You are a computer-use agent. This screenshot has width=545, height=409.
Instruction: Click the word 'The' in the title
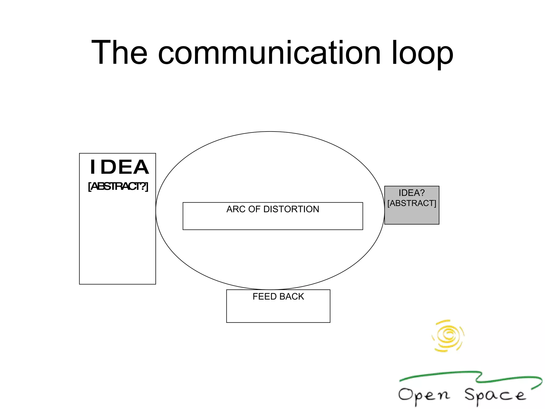pyautogui.click(x=119, y=52)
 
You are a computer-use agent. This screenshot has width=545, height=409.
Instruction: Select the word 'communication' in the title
pyautogui.click(x=269, y=52)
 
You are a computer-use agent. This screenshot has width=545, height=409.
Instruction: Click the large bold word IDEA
pyautogui.click(x=119, y=167)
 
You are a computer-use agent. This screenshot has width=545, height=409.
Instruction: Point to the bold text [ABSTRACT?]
pyautogui.click(x=118, y=186)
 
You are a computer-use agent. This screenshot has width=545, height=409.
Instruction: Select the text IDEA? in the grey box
pyautogui.click(x=411, y=193)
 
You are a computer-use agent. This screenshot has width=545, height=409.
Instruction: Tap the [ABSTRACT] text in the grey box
pyautogui.click(x=412, y=203)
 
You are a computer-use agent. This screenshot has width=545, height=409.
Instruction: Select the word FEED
pyautogui.click(x=265, y=297)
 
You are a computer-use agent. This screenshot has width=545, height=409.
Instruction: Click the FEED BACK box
pyautogui.click(x=278, y=312)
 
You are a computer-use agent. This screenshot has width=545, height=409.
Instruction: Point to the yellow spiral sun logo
pyautogui.click(x=448, y=336)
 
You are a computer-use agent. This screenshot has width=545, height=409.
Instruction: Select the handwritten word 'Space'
pyautogui.click(x=495, y=395)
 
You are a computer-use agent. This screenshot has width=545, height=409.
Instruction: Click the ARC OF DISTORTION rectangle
pyautogui.click(x=273, y=221)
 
